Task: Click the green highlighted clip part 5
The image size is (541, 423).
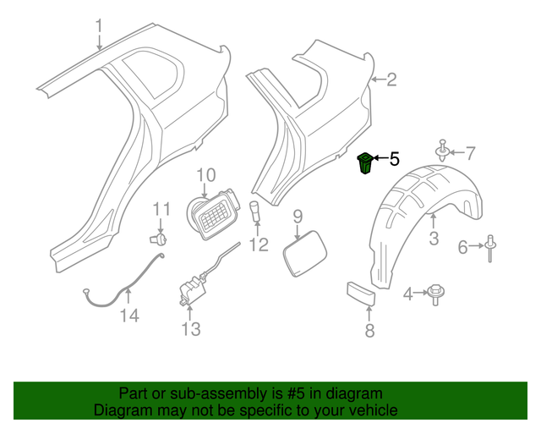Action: point(365,163)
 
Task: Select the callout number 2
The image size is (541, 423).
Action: point(391,80)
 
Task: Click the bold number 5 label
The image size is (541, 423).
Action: point(393,158)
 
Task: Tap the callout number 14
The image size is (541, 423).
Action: point(128,316)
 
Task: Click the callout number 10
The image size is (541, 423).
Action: point(207,175)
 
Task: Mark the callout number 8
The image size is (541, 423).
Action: point(369,331)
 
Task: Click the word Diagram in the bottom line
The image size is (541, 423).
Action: point(122,409)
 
